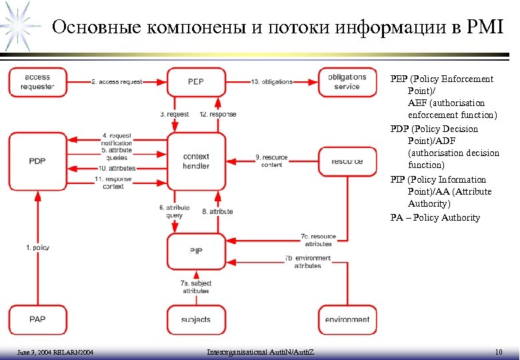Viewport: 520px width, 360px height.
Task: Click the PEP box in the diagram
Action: [196, 82]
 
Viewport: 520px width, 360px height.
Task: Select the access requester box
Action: [37, 82]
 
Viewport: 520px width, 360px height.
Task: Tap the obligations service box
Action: [347, 82]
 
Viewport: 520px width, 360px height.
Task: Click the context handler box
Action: [196, 161]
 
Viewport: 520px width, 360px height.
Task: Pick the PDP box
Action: [37, 161]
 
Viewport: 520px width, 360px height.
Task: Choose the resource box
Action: [347, 161]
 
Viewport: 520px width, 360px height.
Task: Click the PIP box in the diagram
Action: [196, 251]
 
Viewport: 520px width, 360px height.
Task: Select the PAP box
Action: [37, 319]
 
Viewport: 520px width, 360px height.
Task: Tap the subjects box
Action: [196, 319]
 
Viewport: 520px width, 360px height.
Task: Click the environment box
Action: [347, 319]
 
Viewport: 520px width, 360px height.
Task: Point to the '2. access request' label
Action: [116, 82]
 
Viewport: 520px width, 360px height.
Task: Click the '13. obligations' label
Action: [272, 82]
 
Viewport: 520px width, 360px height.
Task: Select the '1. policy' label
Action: [37, 247]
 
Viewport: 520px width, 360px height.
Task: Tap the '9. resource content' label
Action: [271, 161]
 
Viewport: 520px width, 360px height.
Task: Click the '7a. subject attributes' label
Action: [195, 287]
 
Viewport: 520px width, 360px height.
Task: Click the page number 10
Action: [498, 351]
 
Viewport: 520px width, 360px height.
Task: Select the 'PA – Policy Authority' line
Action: [435, 217]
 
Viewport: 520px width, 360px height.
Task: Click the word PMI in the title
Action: [487, 27]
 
